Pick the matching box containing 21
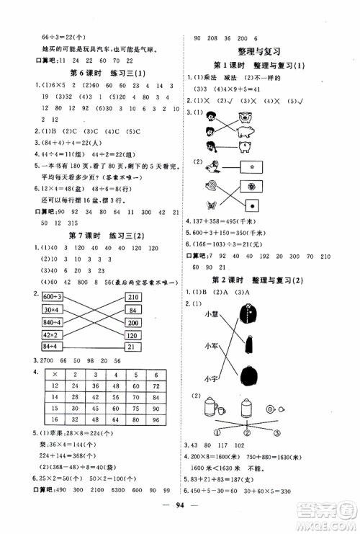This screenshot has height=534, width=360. click(132, 347)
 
